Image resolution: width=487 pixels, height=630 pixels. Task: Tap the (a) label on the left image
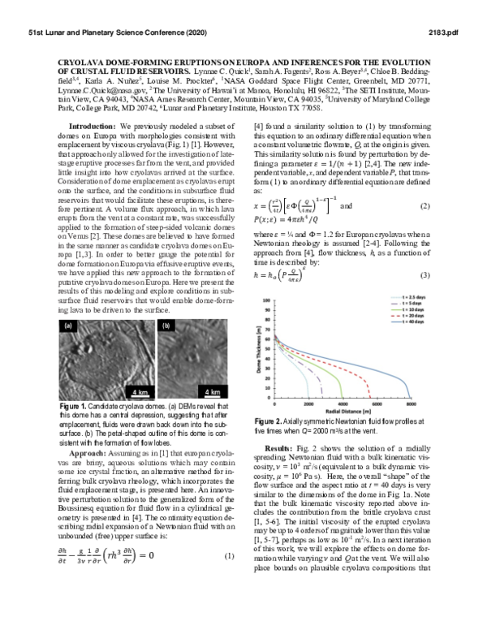[x=68, y=325]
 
